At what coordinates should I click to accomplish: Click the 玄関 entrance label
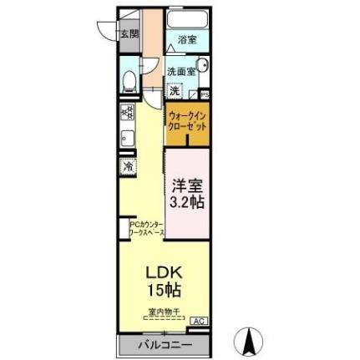click(x=129, y=34)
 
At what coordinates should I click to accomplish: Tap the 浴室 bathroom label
click(x=187, y=39)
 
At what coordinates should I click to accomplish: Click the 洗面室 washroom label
click(x=180, y=72)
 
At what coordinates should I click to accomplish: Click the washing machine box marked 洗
click(x=174, y=89)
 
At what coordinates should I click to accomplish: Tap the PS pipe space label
click(x=205, y=94)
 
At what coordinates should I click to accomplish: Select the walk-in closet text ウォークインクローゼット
click(x=186, y=120)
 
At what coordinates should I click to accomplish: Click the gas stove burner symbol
click(x=127, y=110)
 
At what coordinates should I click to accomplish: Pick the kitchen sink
click(x=128, y=139)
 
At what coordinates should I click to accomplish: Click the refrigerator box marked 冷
click(x=128, y=165)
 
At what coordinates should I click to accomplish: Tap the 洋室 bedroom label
click(x=187, y=185)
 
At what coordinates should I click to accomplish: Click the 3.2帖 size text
click(x=187, y=202)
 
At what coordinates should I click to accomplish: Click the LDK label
click(x=164, y=272)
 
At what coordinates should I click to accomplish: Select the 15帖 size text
click(x=164, y=290)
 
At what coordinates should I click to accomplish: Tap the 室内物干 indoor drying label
click(x=164, y=312)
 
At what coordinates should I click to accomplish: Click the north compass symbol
click(x=251, y=341)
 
